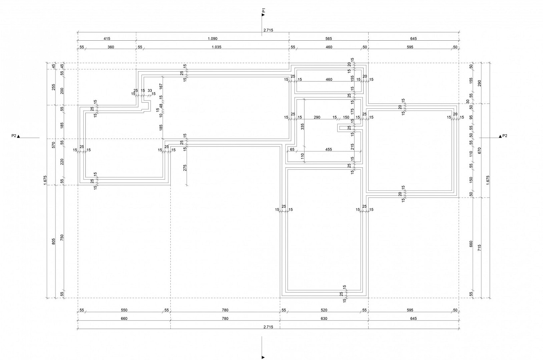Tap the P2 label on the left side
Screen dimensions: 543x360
pyautogui.click(x=14, y=136)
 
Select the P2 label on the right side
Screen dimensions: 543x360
pyautogui.click(x=504, y=136)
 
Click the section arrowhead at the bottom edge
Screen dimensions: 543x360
pyautogui.click(x=263, y=357)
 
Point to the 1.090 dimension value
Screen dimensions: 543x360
pyautogui.click(x=212, y=39)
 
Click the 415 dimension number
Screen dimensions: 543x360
pyautogui.click(x=107, y=39)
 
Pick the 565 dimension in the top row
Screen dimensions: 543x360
pyautogui.click(x=329, y=39)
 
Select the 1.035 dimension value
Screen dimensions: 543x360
pyautogui.click(x=217, y=47)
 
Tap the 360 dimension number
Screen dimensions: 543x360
pyautogui.click(x=111, y=47)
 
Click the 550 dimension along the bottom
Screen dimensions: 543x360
pyautogui.click(x=124, y=310)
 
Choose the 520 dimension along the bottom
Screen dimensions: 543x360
pyautogui.click(x=324, y=310)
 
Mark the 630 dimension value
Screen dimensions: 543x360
pyautogui.click(x=324, y=319)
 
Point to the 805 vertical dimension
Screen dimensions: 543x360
pyautogui.click(x=54, y=241)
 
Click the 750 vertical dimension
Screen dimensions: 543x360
pyautogui.click(x=62, y=237)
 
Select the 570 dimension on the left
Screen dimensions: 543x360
pyautogui.click(x=54, y=145)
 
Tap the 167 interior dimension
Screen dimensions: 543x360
pyautogui.click(x=161, y=86)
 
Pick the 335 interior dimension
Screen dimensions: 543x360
pyautogui.click(x=302, y=127)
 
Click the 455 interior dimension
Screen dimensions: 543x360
pyautogui.click(x=329, y=149)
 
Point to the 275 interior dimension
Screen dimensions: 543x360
pyautogui.click(x=185, y=168)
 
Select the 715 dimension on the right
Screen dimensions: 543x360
pyautogui.click(x=479, y=248)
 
